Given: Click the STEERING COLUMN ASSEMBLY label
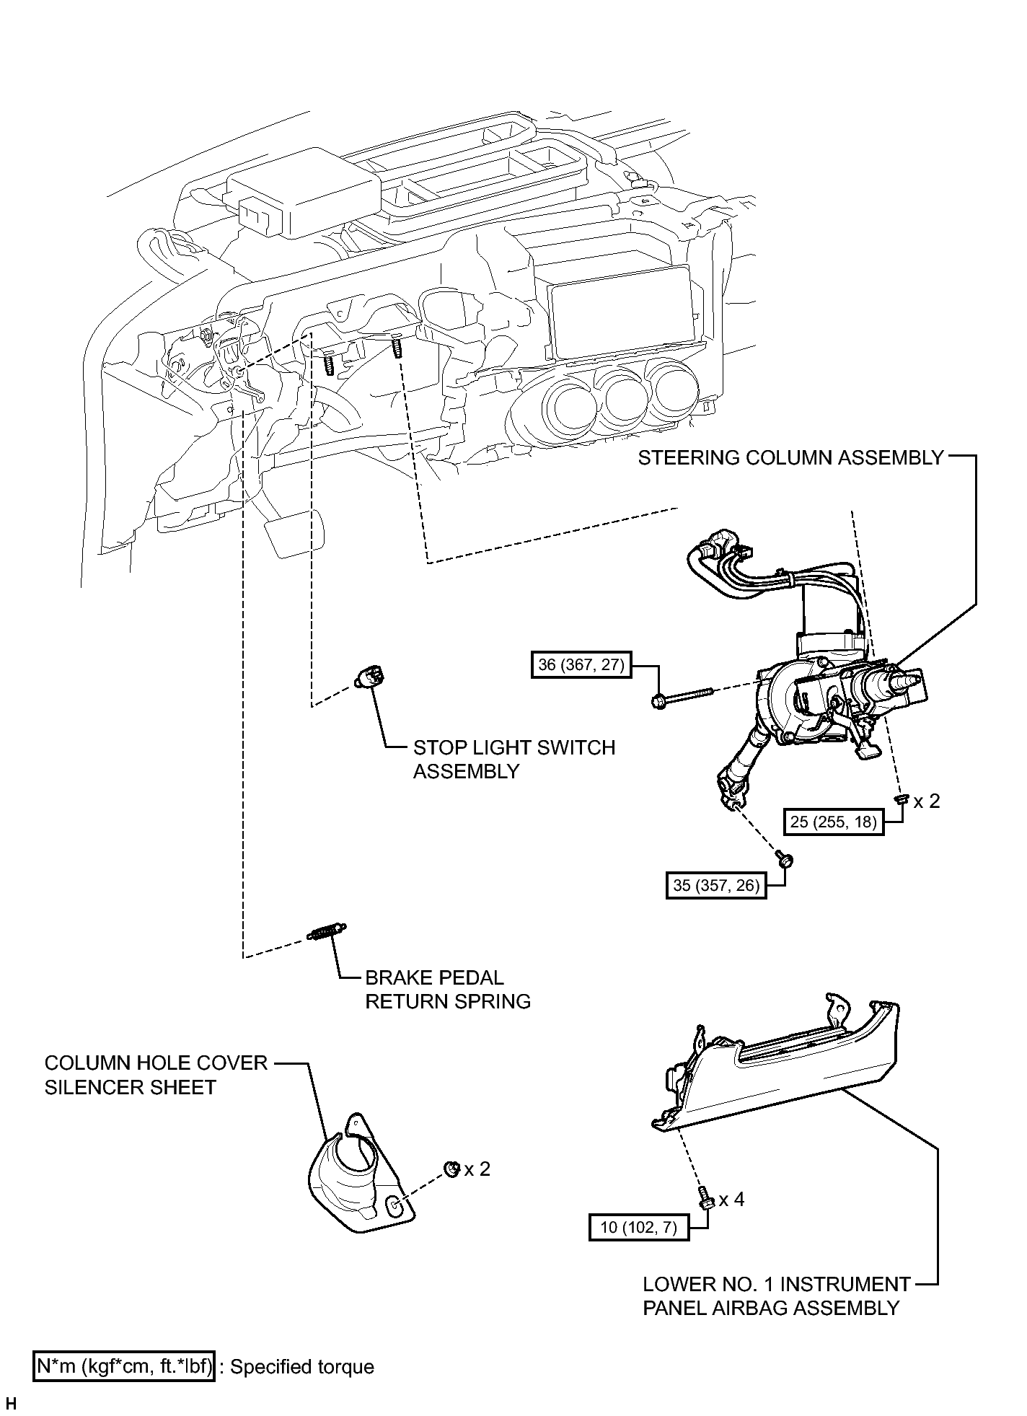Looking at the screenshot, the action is (790, 457).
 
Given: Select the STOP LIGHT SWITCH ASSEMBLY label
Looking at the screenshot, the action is (514, 759).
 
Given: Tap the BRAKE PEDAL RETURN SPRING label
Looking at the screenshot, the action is (448, 990).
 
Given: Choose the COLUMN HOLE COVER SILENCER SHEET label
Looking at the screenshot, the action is (156, 1075).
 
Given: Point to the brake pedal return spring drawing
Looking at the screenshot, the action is (327, 932).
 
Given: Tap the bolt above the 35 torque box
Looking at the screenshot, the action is (784, 858).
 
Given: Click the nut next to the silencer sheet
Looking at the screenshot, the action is (452, 1169).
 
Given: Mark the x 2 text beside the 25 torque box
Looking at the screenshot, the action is (927, 801).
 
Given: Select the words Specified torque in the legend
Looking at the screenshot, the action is (302, 1367).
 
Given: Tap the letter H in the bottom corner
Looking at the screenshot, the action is (11, 1404).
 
